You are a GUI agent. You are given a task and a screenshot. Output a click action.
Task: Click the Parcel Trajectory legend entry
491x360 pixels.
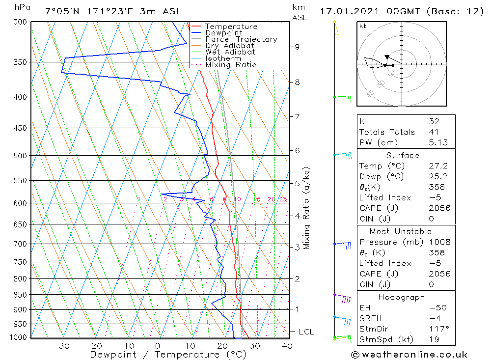click(x=241, y=39)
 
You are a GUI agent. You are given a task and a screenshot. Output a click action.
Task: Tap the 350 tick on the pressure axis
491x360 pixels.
click(x=21, y=62)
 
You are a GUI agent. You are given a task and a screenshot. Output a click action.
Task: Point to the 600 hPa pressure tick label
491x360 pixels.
click(x=21, y=203)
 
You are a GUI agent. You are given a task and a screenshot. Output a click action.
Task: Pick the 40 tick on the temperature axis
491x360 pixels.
click(x=287, y=345)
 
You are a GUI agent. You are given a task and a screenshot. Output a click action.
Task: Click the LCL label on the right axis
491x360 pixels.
click(x=306, y=332)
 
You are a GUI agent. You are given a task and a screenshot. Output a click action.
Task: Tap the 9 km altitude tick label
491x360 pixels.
click(x=297, y=47)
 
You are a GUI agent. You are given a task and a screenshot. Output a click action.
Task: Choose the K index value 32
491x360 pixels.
click(x=434, y=121)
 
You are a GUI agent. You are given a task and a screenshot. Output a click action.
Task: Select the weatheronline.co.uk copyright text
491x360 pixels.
click(x=409, y=355)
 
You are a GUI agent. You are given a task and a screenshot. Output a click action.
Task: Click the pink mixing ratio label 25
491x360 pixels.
click(x=283, y=199)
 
